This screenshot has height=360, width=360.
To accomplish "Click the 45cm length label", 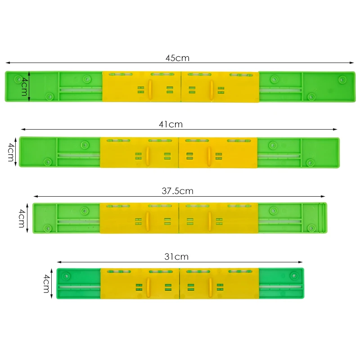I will (x=177, y=58).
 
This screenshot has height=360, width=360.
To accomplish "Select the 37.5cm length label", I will (x=177, y=191).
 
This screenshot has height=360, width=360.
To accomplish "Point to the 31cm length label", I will (x=176, y=257).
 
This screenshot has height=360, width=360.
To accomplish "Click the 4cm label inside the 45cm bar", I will (x=24, y=86).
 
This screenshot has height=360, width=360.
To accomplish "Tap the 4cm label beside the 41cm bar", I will (x=11, y=153).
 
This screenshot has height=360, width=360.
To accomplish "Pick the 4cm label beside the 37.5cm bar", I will (x=21, y=218).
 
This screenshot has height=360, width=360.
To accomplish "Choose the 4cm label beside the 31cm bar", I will (x=46, y=283).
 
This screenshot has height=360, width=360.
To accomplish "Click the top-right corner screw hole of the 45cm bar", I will (x=342, y=79).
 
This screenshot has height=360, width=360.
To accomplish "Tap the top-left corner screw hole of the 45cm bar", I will (x=18, y=79).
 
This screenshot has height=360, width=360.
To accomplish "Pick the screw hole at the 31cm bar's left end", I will (x=67, y=275).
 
